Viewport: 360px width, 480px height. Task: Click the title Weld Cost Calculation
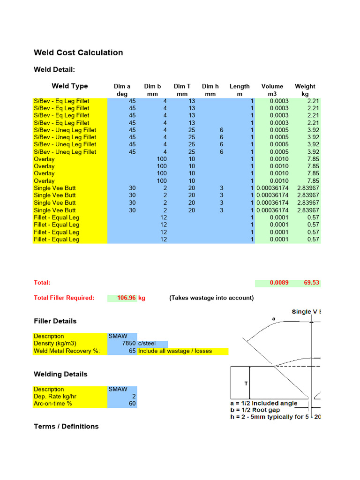point(78,52)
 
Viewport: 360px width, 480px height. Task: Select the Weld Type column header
point(70,86)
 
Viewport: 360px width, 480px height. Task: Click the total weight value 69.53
point(311,283)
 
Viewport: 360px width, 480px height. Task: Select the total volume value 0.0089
point(279,283)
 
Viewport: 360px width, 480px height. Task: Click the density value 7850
point(128,344)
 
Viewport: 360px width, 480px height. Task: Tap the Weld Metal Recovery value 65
point(132,351)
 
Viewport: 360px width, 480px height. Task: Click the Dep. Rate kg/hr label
point(55,397)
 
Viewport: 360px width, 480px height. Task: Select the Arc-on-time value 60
point(132,404)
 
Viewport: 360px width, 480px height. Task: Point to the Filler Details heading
point(55,321)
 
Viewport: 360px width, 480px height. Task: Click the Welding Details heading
point(60,374)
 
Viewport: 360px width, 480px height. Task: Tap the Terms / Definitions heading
point(66,426)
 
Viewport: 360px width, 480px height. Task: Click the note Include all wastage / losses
point(175,351)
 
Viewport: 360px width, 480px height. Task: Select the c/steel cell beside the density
point(147,344)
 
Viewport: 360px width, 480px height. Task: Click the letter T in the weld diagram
point(246,383)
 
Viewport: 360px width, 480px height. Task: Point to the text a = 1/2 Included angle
point(264,403)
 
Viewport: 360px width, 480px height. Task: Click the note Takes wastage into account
point(211,298)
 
